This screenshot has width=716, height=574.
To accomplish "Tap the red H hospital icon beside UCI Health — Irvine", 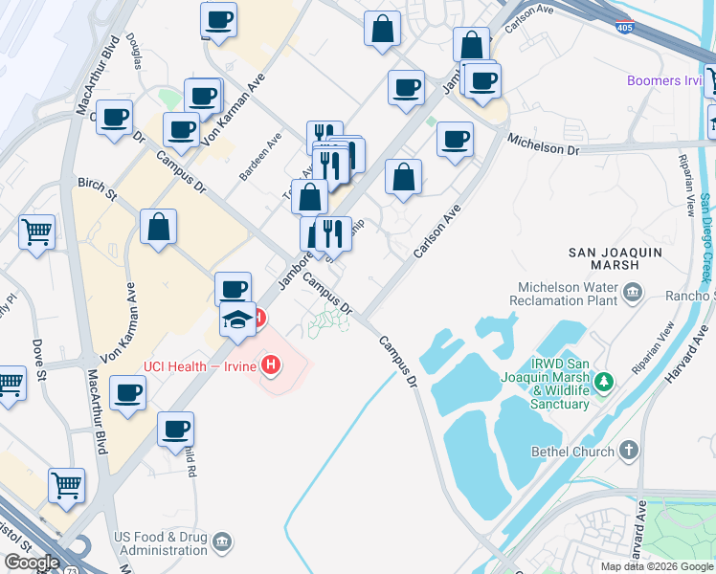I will click(272, 365).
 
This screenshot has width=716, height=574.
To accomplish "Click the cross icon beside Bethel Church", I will click(628, 450).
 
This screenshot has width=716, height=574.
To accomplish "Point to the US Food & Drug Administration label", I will click(160, 543).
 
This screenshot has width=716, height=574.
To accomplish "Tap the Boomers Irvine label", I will click(667, 81).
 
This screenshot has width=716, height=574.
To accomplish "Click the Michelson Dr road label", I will click(544, 143).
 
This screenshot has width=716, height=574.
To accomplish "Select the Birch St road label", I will click(97, 188).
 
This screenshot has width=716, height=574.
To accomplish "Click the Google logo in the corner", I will click(31, 563).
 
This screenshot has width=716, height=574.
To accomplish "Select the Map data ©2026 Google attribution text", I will click(657, 566).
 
